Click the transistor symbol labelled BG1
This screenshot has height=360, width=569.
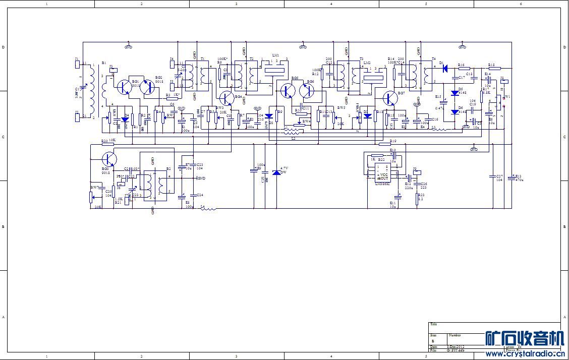tap(124, 87)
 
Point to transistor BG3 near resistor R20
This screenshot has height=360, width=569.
tap(109, 159)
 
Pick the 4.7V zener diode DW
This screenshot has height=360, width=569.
tap(276, 173)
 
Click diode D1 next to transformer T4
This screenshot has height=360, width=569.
tap(445, 68)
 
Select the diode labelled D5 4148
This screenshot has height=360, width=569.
tap(455, 93)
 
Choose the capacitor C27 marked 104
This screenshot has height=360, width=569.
tap(493, 176)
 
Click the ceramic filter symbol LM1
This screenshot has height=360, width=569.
tap(275, 71)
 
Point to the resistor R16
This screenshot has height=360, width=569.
tap(464, 68)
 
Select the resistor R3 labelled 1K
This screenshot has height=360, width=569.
tap(173, 98)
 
